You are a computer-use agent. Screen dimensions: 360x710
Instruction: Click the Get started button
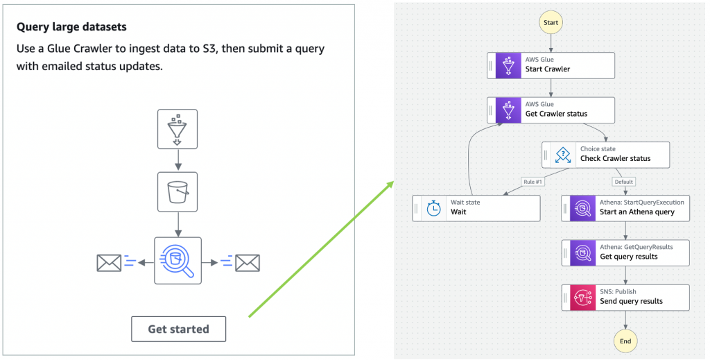coord(178,329)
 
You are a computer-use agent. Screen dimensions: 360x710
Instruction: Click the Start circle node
coord(551,23)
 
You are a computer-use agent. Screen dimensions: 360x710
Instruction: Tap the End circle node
coord(625,341)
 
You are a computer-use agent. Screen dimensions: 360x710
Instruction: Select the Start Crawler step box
coord(551,65)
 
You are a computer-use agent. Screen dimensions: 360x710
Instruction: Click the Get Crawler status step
coord(551,110)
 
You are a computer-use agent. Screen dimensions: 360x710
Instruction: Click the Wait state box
coord(476,207)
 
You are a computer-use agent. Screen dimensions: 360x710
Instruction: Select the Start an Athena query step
coord(625,207)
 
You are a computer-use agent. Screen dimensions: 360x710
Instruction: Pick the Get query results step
coord(625,252)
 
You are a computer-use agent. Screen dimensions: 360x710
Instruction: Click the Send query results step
coord(625,297)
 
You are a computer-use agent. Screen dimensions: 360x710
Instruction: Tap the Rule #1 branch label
coord(533,182)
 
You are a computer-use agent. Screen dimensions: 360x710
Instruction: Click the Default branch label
coord(623,182)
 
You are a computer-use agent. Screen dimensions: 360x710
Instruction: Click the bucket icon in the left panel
coord(177,191)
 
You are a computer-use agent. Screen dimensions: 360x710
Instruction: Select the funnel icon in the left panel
coord(177,129)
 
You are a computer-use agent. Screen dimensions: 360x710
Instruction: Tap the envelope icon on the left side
coord(109,263)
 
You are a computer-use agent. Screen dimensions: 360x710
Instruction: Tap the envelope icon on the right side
coord(247,263)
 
